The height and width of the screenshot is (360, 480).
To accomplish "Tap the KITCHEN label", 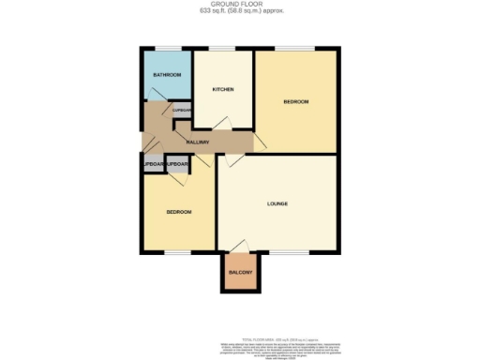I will pyautogui.click(x=222, y=89).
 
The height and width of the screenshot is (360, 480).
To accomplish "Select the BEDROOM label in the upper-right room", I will pyautogui.click(x=295, y=100).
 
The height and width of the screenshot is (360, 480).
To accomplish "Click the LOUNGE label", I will pyautogui.click(x=277, y=203).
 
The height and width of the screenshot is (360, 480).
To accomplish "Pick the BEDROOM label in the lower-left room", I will pyautogui.click(x=179, y=213).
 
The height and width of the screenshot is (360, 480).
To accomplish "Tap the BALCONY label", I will pyautogui.click(x=241, y=273).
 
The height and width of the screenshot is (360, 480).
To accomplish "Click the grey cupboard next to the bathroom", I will pyautogui.click(x=178, y=111).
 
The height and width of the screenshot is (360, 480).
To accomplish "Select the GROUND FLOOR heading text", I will pyautogui.click(x=240, y=5).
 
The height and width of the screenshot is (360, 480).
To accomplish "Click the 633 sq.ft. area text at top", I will pyautogui.click(x=240, y=12).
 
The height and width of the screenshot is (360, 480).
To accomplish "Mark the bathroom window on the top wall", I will pyautogui.click(x=168, y=48).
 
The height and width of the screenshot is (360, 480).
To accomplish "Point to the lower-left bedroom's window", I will pyautogui.click(x=178, y=252).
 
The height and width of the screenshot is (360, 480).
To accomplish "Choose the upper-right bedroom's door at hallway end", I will pyautogui.click(x=260, y=141).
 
